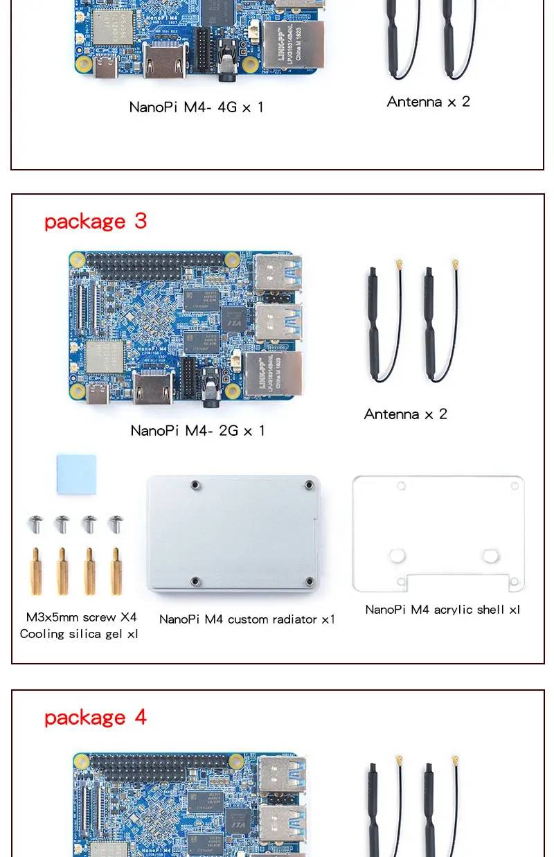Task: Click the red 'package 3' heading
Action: pos(96,221)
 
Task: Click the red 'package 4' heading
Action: pos(96,717)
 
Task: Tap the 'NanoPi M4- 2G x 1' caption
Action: pos(197,430)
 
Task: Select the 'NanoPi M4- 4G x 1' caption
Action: pos(196,107)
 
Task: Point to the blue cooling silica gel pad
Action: pos(76,474)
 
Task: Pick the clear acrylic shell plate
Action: pos(438,533)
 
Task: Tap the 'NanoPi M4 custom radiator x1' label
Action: pos(247,619)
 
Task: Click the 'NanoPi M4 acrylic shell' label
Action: pos(443,610)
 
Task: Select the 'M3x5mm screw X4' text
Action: pos(82,617)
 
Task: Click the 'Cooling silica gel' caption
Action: pos(79,634)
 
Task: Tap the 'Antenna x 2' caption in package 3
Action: pos(406,414)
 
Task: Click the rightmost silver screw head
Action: pos(116,523)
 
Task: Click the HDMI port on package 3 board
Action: pos(153,388)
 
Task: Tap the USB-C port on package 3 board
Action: pos(98,394)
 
